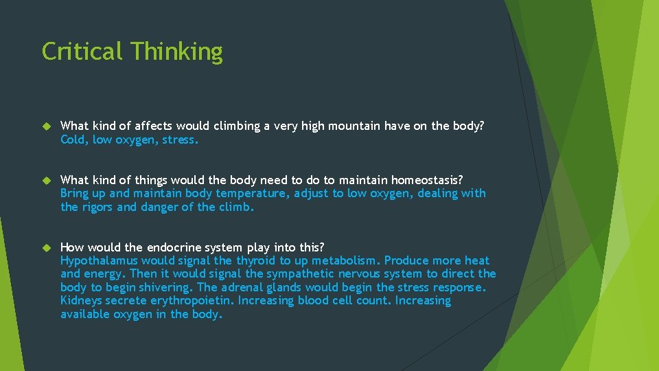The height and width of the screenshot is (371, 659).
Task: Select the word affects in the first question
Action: click(x=154, y=126)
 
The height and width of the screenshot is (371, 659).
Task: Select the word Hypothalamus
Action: click(x=99, y=261)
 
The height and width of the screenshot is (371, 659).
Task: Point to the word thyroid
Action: click(x=256, y=261)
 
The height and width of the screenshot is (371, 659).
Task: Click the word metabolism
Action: click(x=345, y=261)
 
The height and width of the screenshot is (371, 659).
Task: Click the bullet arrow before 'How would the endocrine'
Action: click(x=47, y=247)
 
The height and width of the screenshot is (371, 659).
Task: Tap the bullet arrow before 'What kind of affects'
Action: click(x=47, y=126)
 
